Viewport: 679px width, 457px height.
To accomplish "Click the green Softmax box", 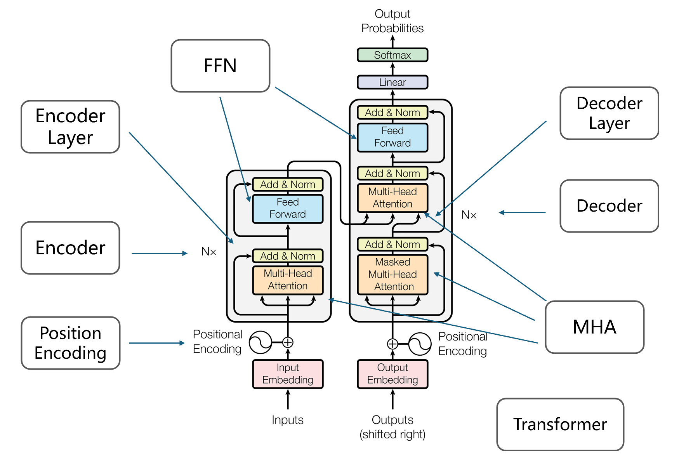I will click(x=392, y=55).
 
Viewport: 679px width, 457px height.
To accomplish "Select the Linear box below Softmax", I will click(x=392, y=82).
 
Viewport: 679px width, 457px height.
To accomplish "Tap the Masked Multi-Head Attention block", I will click(x=392, y=275).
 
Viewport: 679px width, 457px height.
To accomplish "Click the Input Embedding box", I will click(x=288, y=374).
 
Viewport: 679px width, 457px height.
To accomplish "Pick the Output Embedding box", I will click(x=392, y=374).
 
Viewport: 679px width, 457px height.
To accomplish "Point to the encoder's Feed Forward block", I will click(x=288, y=209).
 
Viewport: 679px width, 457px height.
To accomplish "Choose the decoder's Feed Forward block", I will click(x=392, y=137).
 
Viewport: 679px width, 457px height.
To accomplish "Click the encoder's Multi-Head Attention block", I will click(x=288, y=280).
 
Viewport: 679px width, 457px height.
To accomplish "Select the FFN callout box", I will click(x=220, y=66).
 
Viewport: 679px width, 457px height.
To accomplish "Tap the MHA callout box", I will click(x=594, y=327).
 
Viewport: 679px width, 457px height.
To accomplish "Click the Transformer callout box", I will click(x=560, y=424).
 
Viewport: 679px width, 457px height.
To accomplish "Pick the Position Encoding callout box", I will click(x=70, y=343).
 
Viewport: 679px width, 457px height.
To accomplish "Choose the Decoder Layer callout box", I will click(x=609, y=113).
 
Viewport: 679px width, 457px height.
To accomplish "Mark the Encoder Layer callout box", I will click(x=70, y=127).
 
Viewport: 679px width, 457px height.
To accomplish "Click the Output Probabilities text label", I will click(x=392, y=21).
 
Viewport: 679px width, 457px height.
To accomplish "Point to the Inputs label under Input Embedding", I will click(x=288, y=420).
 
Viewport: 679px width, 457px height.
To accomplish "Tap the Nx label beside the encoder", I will click(x=208, y=252).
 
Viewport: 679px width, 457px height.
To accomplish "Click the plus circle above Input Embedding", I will click(x=288, y=342).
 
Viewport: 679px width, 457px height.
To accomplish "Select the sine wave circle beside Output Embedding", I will click(x=420, y=344).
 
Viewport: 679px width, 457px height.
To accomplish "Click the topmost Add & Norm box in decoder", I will click(x=392, y=113).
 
